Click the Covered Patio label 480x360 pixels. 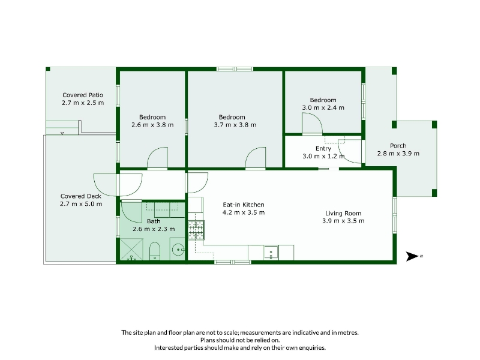tap(83, 95)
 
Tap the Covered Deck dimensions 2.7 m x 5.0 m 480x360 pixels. tap(81, 204)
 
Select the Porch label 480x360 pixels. tap(398, 146)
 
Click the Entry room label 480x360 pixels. tap(323, 149)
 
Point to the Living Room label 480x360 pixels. tap(343, 213)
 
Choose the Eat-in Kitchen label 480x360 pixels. tap(244, 205)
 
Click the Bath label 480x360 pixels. tap(154, 221)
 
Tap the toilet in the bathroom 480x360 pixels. tap(155, 251)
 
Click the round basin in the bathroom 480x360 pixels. tap(178, 250)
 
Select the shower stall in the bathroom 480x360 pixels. tap(131, 250)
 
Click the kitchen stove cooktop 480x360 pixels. tap(196, 230)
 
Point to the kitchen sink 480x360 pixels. tap(271, 253)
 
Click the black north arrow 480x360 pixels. tap(412, 256)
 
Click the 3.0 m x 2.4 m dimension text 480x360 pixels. tap(323, 108)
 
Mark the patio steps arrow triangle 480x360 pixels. tap(62, 133)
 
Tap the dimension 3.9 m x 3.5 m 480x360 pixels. tap(343, 221)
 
